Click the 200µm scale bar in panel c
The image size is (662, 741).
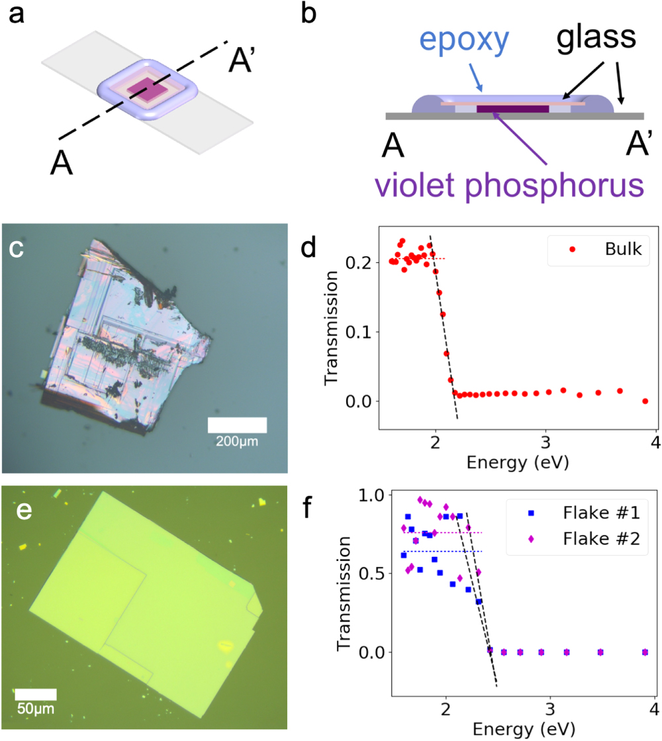point(237,424)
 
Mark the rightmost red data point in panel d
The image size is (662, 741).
point(645,401)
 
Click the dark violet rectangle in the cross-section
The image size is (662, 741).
point(512,109)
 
